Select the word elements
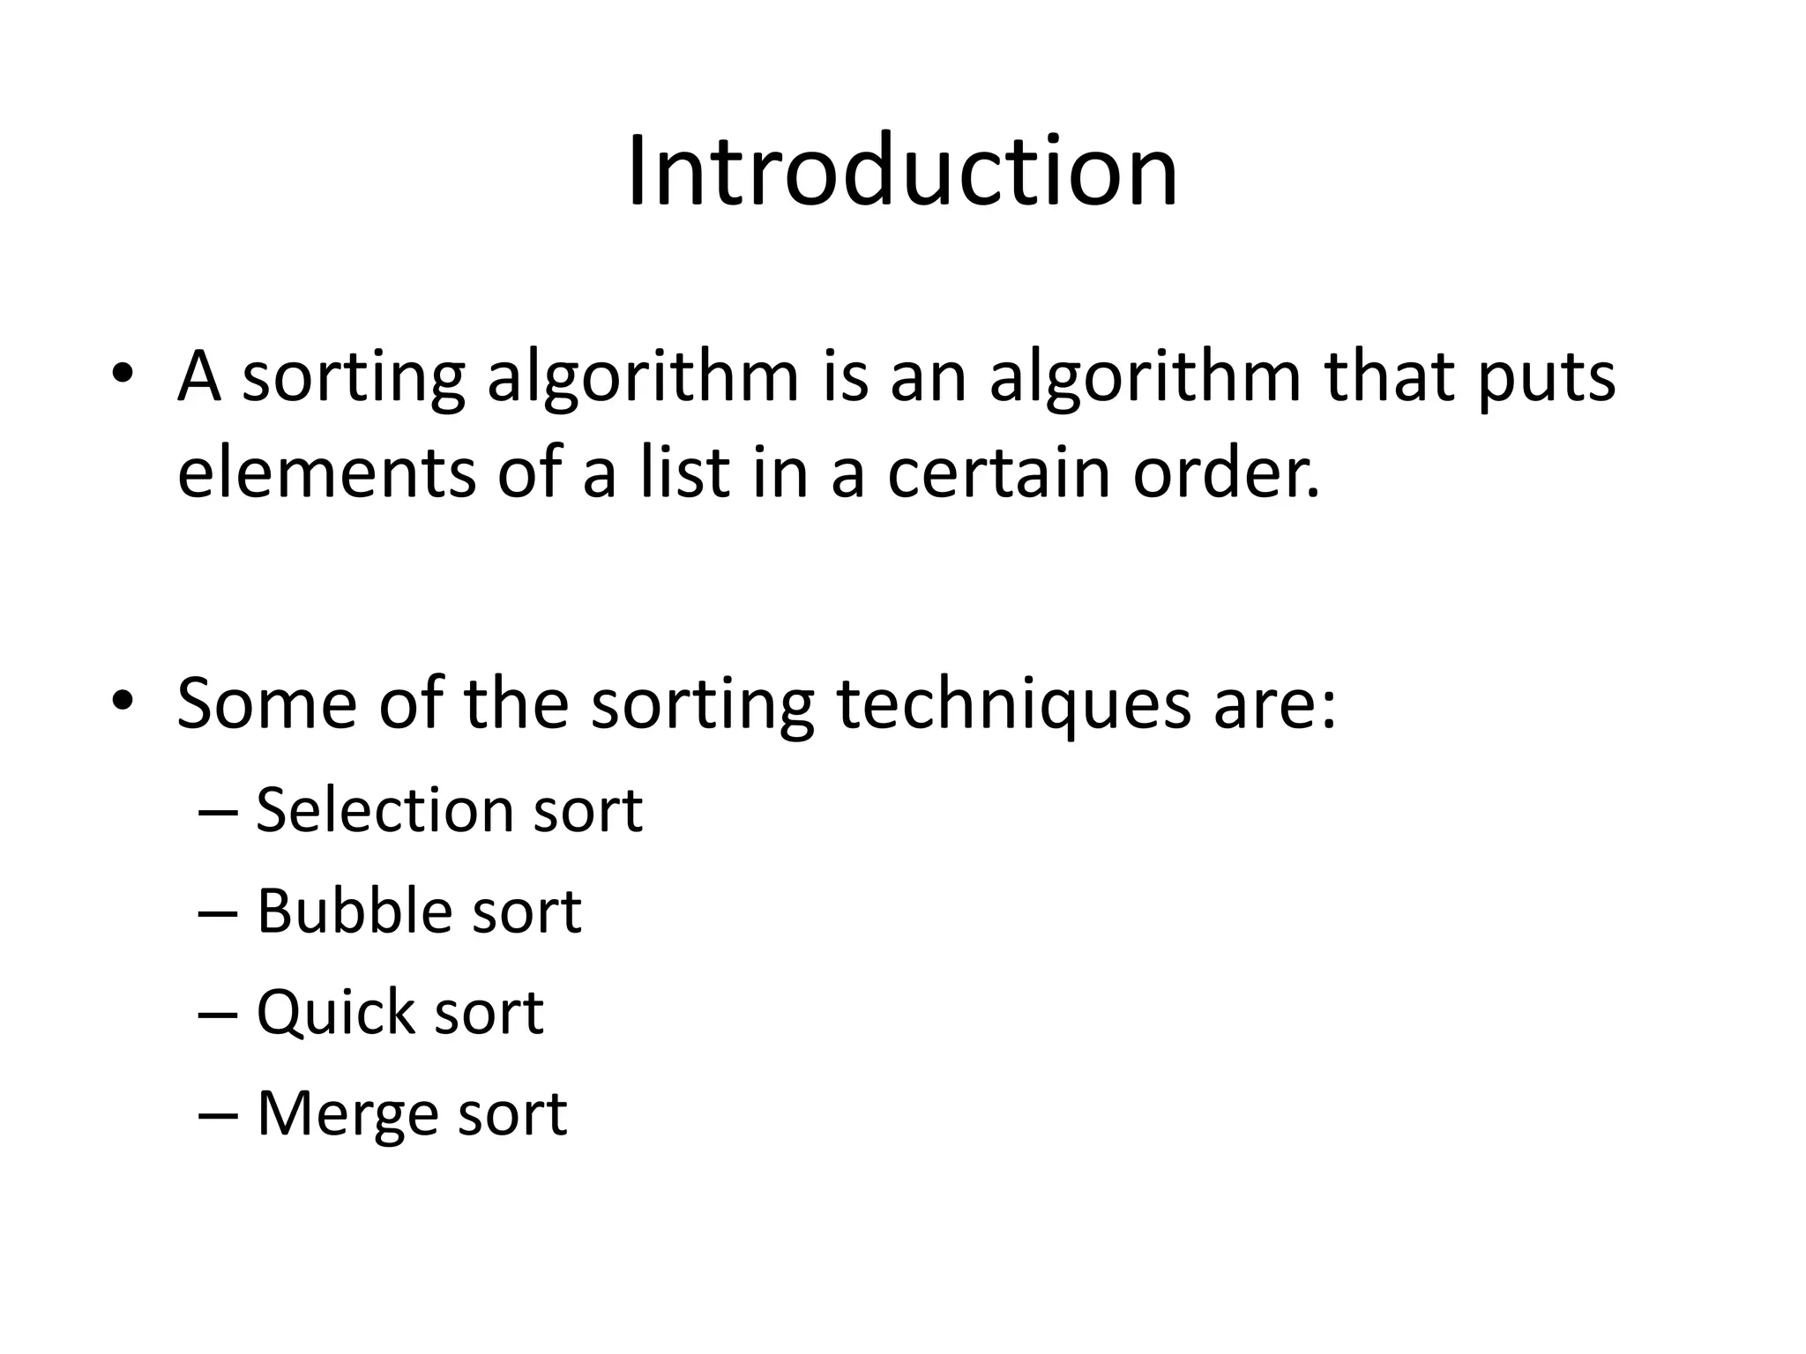[325, 472]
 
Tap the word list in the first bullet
[684, 472]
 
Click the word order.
[1226, 472]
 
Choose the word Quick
[334, 1013]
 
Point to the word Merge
[345, 1115]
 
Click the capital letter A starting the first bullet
[198, 377]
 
